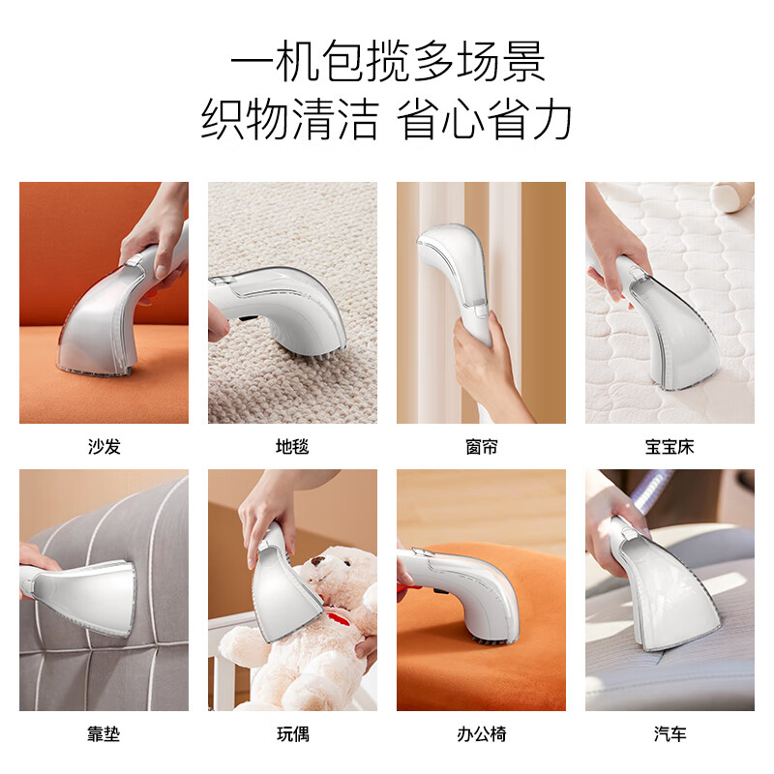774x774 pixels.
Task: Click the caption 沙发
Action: [104, 447]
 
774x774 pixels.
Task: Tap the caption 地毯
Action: [292, 447]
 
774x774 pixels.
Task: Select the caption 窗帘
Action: [481, 447]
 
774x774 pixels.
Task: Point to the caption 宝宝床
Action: [670, 447]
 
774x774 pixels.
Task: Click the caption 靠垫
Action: [104, 734]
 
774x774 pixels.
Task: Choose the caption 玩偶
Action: [292, 734]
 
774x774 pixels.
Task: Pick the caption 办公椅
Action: [481, 734]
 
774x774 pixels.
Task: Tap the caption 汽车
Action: [670, 734]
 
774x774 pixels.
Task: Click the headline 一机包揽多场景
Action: [387, 63]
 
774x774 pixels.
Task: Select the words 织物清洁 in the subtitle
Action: [289, 121]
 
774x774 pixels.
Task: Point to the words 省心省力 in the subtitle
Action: [487, 121]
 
